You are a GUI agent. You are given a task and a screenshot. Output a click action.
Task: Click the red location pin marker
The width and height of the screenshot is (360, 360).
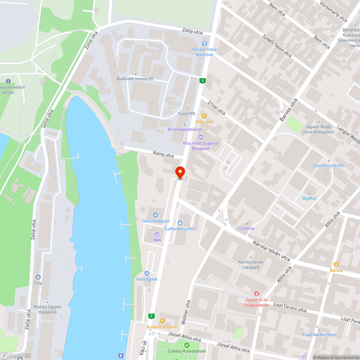[x=180, y=172]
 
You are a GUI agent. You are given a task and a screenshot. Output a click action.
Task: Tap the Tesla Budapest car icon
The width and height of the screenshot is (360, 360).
[x=156, y=215]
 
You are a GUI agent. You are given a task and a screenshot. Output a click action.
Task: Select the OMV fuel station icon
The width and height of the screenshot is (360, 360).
[x=156, y=234]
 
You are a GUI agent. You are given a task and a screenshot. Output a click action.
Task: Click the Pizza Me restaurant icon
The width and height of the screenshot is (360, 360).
[x=204, y=116]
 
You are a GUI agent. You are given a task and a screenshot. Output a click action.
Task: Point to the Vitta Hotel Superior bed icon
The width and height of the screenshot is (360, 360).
[x=201, y=137]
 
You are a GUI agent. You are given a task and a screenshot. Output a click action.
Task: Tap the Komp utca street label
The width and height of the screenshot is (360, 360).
[x=163, y=154]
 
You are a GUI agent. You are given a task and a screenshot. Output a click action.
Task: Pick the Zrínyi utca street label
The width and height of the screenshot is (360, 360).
[x=216, y=108]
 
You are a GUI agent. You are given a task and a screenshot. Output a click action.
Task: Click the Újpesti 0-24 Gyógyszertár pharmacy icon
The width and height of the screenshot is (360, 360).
[x=256, y=294]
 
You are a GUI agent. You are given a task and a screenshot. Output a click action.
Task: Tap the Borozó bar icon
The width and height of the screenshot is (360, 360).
[x=336, y=264]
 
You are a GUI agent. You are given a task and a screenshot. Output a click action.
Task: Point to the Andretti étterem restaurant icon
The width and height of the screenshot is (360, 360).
[x=162, y=321]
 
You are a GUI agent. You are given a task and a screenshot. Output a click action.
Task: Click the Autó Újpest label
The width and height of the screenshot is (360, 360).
[x=147, y=279]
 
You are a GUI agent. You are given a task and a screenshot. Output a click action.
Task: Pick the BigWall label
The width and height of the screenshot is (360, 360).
[x=310, y=198]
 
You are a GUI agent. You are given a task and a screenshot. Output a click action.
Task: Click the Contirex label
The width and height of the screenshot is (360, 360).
[x=247, y=228]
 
